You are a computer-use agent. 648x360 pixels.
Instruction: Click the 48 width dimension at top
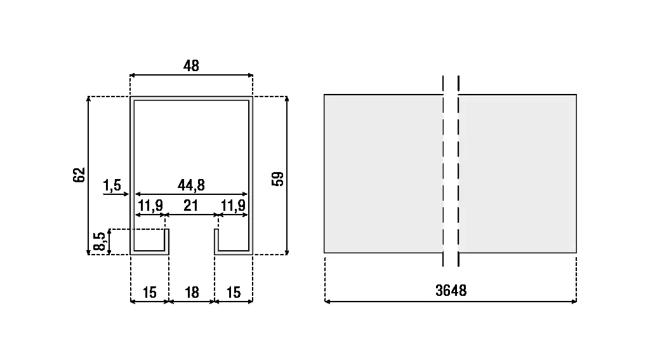(191, 65)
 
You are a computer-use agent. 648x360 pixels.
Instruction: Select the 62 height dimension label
(79, 175)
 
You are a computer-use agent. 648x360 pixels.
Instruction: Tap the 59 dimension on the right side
(277, 179)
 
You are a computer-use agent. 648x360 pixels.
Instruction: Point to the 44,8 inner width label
(191, 185)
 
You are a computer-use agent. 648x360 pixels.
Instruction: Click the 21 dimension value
(191, 205)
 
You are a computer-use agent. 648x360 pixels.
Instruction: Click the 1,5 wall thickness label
(112, 185)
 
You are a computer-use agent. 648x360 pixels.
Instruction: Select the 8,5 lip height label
(100, 242)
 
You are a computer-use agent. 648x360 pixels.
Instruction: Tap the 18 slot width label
(191, 292)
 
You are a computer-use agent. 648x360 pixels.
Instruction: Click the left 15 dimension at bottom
(149, 292)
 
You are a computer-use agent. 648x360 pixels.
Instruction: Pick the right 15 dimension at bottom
(234, 292)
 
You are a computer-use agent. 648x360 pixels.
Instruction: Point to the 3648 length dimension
(451, 291)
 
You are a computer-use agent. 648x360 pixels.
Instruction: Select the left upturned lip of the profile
(168, 241)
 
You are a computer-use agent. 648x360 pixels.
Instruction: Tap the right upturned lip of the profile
(216, 241)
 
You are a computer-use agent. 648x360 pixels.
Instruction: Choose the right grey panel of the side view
(517, 173)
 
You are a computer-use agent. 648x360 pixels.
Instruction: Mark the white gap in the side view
(451, 173)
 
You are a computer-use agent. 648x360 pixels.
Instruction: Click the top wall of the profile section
(191, 98)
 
